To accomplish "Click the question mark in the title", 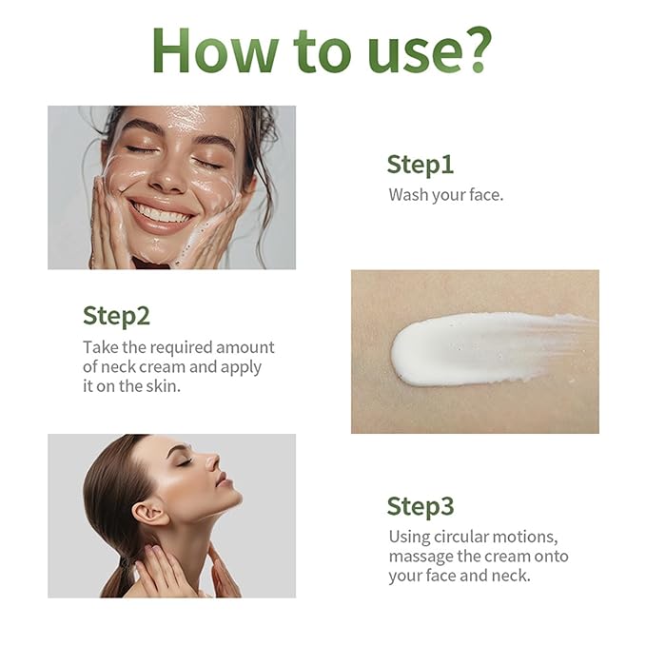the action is click(x=477, y=49).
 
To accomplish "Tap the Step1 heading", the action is click(x=421, y=166).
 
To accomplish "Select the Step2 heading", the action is click(x=117, y=317).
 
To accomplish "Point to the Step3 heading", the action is click(x=421, y=506).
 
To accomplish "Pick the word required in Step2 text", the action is click(x=181, y=348).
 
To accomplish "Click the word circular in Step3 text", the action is click(x=461, y=537).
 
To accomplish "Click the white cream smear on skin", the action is click(x=486, y=349).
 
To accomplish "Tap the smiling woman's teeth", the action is click(x=162, y=213).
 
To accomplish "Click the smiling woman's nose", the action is click(x=167, y=177).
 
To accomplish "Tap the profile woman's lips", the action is click(x=223, y=480).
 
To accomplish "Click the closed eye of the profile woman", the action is click(x=185, y=461).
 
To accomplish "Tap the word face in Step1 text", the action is click(x=486, y=195).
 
